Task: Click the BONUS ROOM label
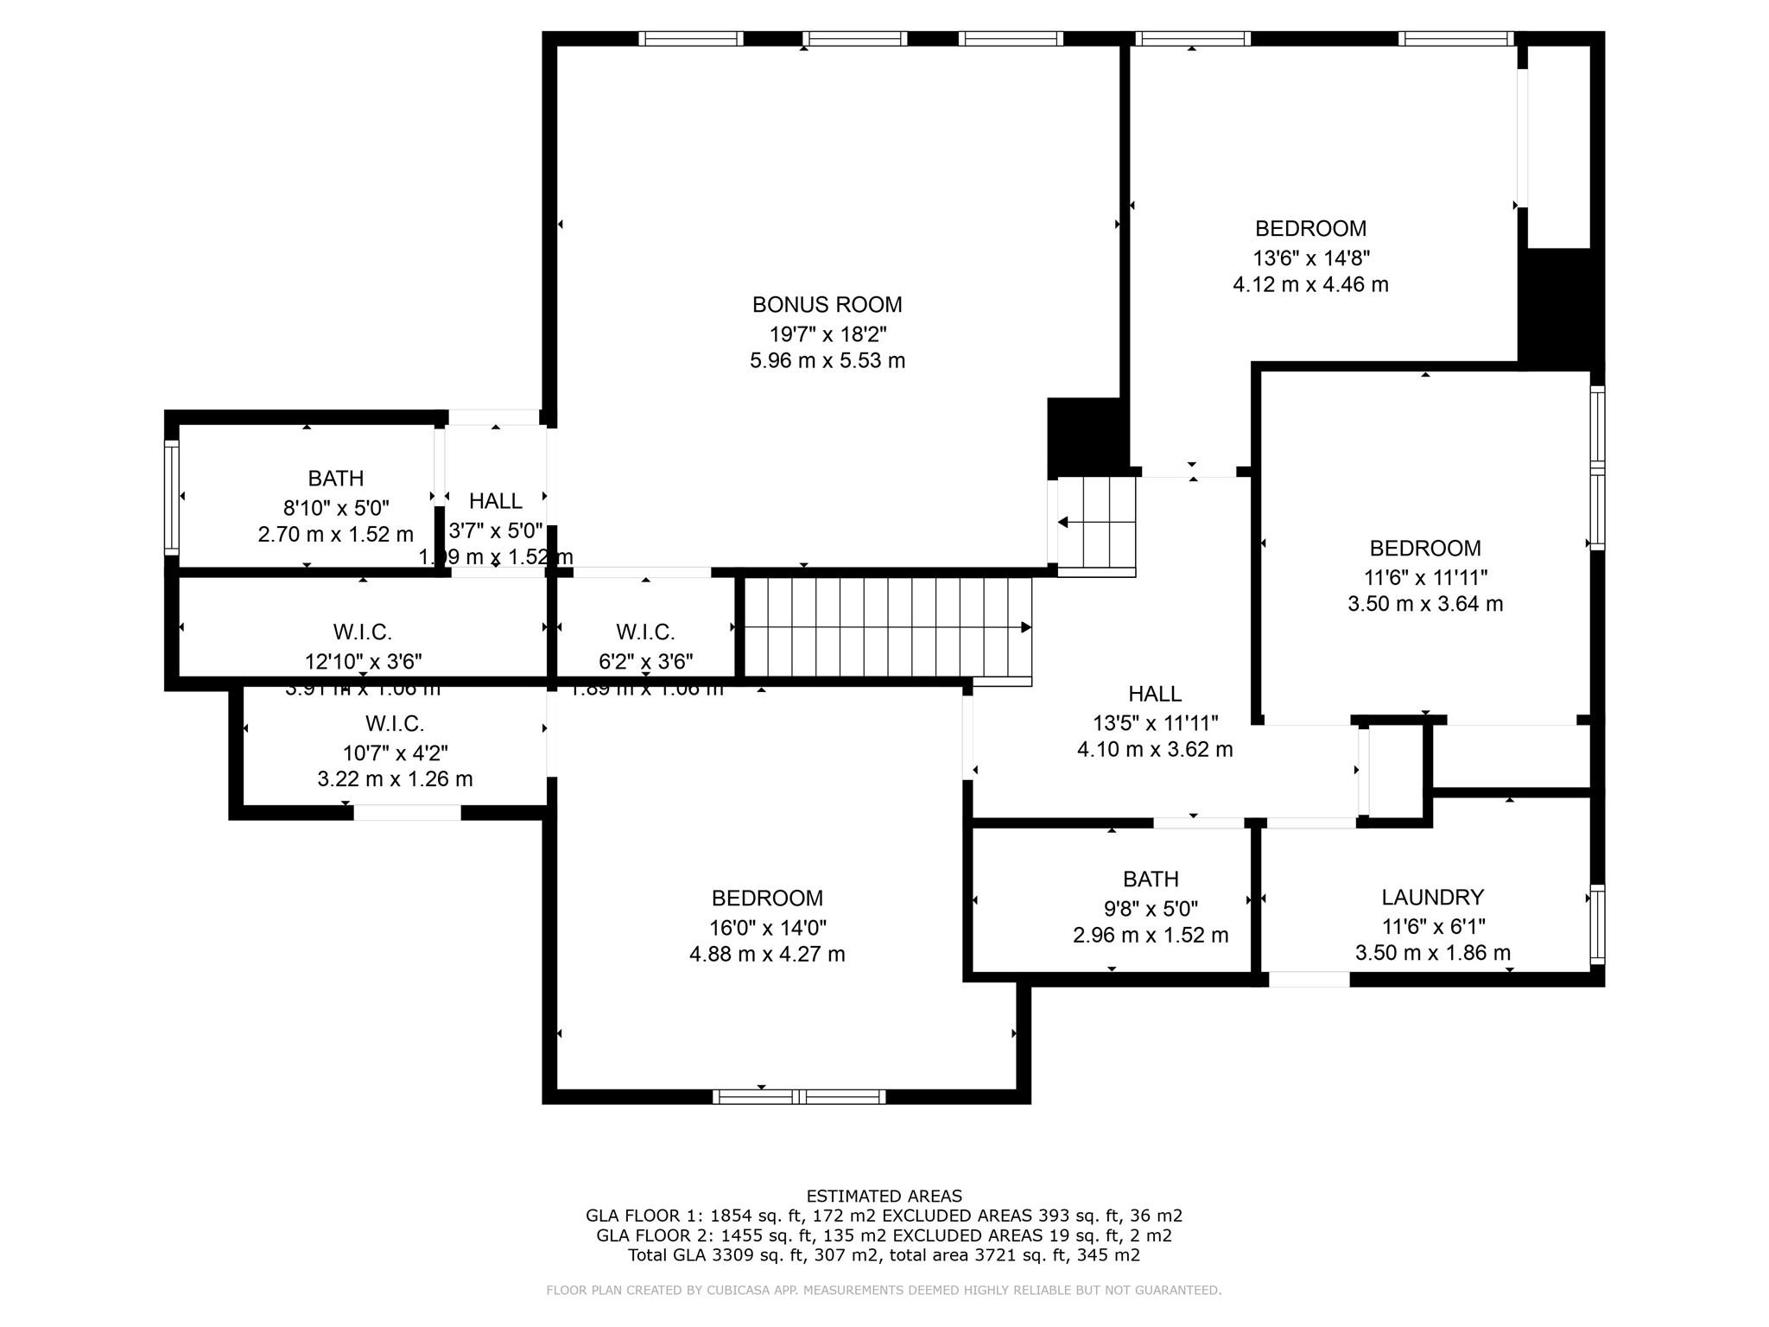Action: point(827,305)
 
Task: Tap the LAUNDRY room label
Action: point(1432,898)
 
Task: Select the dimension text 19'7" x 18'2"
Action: point(827,333)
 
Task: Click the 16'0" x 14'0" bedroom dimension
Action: point(767,928)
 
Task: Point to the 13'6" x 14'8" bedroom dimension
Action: point(1310,257)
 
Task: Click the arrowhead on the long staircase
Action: point(1026,627)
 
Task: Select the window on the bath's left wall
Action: point(171,497)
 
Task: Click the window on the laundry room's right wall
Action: point(1597,924)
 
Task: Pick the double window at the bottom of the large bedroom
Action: point(798,1097)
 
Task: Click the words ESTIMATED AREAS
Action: point(884,1197)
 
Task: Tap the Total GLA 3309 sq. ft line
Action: point(884,1255)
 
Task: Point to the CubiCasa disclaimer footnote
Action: point(884,1291)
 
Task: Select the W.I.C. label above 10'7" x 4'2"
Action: point(395,724)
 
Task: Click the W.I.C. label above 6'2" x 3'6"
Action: point(645,632)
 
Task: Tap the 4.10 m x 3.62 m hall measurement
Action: point(1154,750)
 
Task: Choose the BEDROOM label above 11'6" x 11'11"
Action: point(1424,549)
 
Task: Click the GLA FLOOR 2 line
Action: point(884,1235)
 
